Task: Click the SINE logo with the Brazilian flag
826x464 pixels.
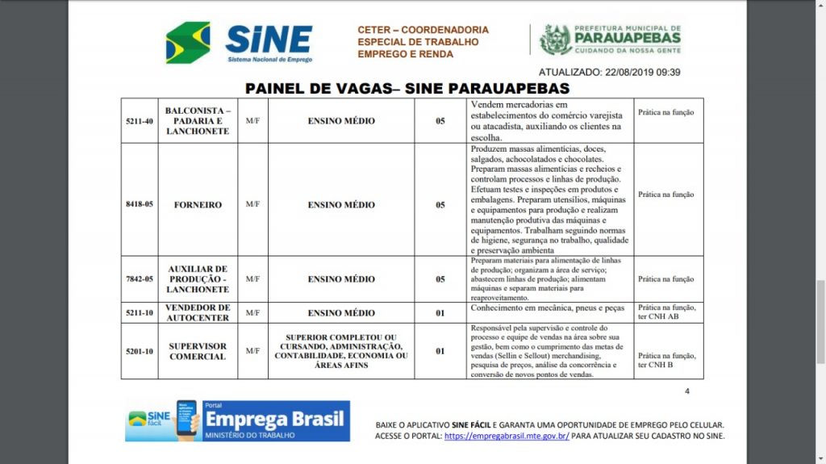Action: (x=239, y=42)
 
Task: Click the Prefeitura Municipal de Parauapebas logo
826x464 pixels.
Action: (x=610, y=39)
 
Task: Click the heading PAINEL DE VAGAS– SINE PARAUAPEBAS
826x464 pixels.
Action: (x=407, y=88)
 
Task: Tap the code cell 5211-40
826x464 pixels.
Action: (x=140, y=121)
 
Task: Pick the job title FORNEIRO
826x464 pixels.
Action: (x=198, y=205)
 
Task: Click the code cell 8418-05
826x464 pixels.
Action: (x=140, y=205)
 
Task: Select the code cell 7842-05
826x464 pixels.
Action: (x=140, y=279)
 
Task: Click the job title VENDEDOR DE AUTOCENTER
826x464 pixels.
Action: (x=198, y=313)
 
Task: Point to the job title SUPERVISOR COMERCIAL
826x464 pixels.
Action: (x=198, y=351)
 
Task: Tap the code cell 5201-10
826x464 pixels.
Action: (x=140, y=351)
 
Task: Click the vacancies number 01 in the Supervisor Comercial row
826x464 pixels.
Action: (x=440, y=351)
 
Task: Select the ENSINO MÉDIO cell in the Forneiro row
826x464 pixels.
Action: (x=341, y=205)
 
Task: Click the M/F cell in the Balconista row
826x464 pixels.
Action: (x=252, y=121)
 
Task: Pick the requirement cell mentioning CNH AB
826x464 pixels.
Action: (x=666, y=312)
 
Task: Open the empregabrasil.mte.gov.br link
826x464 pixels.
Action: (x=507, y=436)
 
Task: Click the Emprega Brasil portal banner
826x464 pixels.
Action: (x=237, y=421)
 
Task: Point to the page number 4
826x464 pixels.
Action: (x=687, y=391)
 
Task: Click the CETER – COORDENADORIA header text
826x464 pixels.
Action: (x=423, y=30)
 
